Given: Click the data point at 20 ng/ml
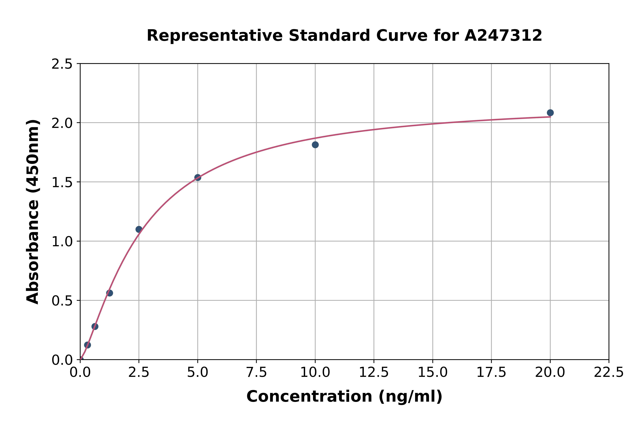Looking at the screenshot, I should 550,113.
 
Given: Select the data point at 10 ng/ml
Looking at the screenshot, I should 315,145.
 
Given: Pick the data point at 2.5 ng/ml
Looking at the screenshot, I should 139,229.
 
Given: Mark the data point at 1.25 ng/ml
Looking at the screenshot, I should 110,293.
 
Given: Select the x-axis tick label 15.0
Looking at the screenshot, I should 432,373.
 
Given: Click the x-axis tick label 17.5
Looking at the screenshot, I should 491,373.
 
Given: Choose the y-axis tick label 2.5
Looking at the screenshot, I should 62,64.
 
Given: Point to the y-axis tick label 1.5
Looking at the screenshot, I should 62,182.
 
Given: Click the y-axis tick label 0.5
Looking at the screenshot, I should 62,301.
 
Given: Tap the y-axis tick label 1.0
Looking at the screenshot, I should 62,241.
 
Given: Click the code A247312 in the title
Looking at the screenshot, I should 503,36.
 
